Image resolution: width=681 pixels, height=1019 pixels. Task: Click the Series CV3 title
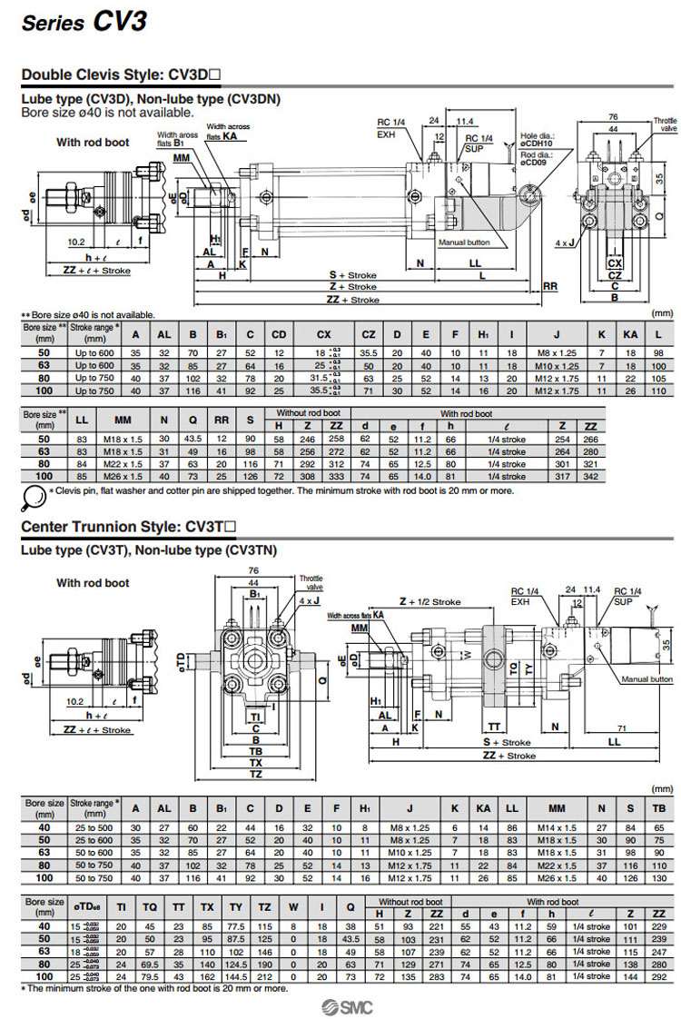(x=84, y=22)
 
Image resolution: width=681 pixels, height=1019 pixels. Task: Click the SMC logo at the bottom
(x=345, y=1004)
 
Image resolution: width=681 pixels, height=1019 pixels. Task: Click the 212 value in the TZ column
(x=263, y=976)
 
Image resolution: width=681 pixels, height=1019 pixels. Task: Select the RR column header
(x=220, y=420)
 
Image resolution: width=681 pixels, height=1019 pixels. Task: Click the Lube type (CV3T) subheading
(x=150, y=549)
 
